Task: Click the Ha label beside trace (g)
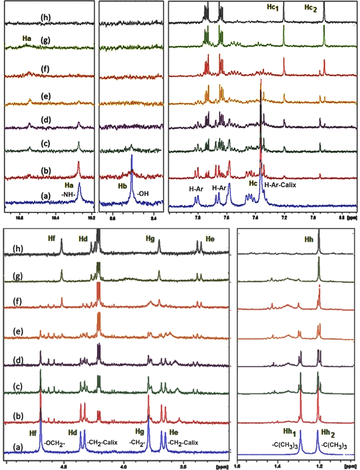[27, 39]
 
